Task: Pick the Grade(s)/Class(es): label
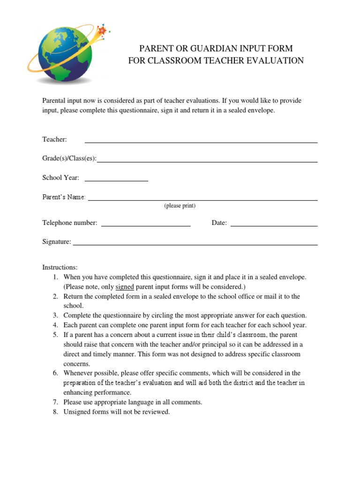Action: [69, 158]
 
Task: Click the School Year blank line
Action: [116, 179]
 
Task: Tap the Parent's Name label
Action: [64, 197]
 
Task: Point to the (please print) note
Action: [180, 206]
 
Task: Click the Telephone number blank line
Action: [146, 225]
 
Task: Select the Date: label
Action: [219, 223]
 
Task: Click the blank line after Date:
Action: [274, 225]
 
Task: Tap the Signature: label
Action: [57, 242]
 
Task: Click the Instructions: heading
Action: [60, 267]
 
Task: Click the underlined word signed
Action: [125, 286]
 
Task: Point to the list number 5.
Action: [55, 335]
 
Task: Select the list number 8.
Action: [55, 412]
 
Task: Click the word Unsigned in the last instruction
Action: [77, 412]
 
